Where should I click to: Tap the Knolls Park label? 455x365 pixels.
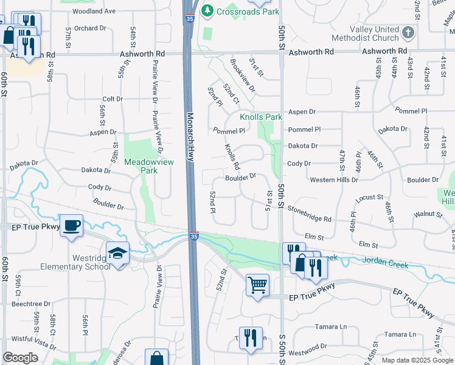(261, 117)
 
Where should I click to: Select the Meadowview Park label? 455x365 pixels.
(141, 166)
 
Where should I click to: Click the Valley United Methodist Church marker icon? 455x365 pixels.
(408, 32)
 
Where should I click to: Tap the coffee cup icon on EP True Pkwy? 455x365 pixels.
(71, 225)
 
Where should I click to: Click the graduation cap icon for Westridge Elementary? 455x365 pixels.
(118, 252)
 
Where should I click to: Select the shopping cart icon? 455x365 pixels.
(257, 284)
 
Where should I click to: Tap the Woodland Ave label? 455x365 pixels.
(94, 11)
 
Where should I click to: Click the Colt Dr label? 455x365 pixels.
(113, 99)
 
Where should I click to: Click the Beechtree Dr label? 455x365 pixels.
(31, 303)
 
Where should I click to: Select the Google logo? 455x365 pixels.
(21, 358)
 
